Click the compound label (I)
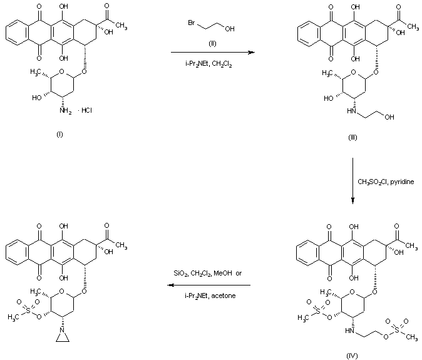coord(59,135)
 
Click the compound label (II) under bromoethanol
coord(212,44)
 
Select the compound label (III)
coord(353,138)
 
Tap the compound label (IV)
coord(352,356)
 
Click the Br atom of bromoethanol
coord(192,23)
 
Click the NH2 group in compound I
coord(65,111)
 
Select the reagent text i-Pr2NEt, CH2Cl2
coord(208,64)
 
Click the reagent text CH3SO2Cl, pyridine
coord(386,182)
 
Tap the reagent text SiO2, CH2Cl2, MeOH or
coord(207,274)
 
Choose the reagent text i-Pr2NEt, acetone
coord(210,296)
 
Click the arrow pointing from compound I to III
coord(213,52)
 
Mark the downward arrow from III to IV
coord(353,181)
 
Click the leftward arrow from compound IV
coord(209,285)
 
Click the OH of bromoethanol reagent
coord(230,29)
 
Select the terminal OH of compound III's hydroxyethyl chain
coord(389,117)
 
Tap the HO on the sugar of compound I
coord(37,98)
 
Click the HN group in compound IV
coord(349,331)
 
